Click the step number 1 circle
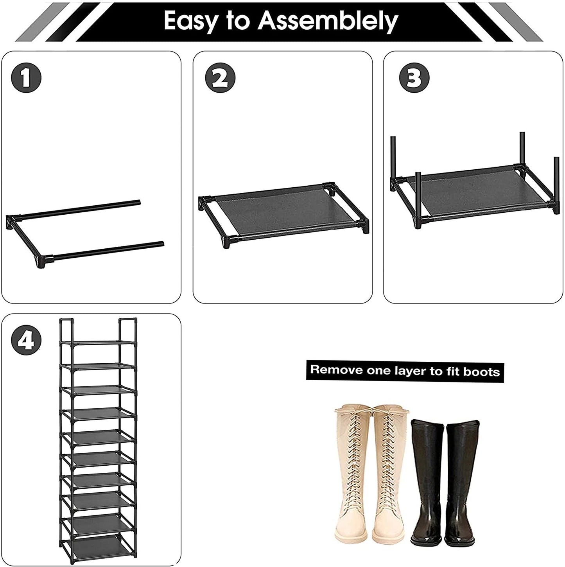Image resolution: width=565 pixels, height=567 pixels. [x=26, y=78]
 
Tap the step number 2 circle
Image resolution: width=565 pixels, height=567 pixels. [x=221, y=78]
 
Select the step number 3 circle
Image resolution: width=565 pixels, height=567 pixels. [x=414, y=78]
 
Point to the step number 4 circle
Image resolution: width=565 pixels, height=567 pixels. [x=26, y=340]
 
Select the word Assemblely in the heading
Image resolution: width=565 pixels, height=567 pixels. [x=328, y=21]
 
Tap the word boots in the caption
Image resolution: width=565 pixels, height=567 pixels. [x=481, y=372]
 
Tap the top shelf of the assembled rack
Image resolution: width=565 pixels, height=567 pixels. [x=99, y=343]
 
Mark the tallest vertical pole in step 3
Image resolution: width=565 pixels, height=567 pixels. [x=522, y=150]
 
